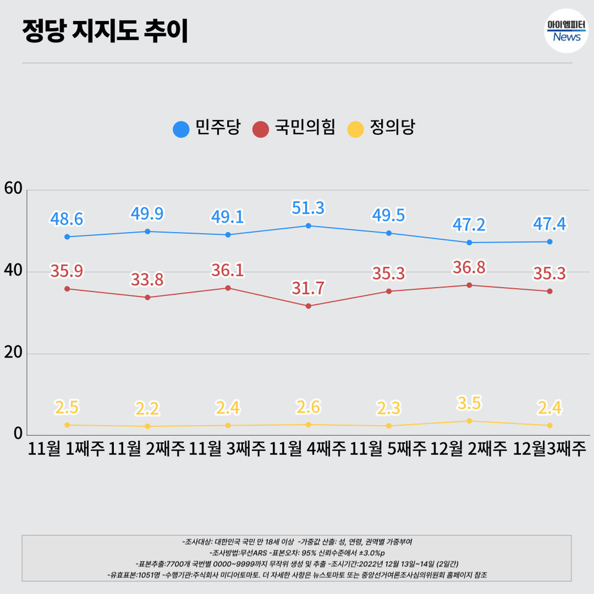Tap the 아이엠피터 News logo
pos(566,31)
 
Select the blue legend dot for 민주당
pos(181,129)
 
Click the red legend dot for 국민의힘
pos(262,129)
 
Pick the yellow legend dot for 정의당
pos(356,129)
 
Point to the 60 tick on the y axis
pos(14,189)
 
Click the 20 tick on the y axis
pos(14,353)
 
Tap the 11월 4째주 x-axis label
pos(308,448)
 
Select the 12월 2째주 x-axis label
pos(469,448)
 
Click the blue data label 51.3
pos(308,208)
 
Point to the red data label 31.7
pos(308,288)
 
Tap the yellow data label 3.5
pos(469,403)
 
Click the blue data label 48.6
pos(67,219)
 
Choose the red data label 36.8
pos(469,267)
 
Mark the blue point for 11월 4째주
pos(308,226)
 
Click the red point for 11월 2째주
pos(147,298)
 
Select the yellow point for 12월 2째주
pos(469,421)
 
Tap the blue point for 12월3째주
pos(549,242)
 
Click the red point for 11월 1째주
pos(67,289)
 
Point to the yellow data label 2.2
pos(147,408)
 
